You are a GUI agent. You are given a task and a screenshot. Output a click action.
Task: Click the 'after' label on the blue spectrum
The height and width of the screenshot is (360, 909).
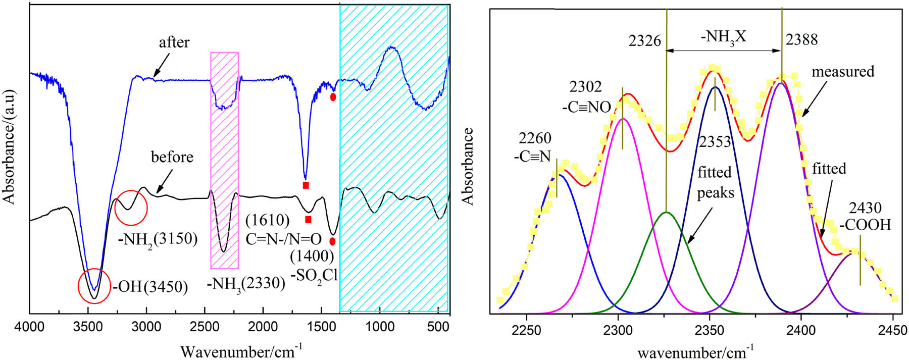click(174, 42)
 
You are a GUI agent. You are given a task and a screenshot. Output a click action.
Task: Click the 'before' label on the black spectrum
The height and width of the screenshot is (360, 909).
click(172, 157)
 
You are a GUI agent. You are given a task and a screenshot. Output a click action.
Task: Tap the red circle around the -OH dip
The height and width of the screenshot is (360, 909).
click(94, 286)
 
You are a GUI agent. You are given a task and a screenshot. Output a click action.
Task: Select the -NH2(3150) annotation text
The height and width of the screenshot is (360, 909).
click(157, 238)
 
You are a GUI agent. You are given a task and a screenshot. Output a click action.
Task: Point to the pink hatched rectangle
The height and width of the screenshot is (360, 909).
click(224, 160)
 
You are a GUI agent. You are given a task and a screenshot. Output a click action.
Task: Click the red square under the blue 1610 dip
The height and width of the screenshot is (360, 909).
click(306, 185)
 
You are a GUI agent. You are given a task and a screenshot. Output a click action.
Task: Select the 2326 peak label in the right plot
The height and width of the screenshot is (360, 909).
click(644, 40)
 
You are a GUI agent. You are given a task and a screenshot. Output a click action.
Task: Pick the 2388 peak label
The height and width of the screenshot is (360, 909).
click(801, 39)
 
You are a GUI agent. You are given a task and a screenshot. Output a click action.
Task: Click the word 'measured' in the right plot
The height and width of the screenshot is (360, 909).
click(843, 72)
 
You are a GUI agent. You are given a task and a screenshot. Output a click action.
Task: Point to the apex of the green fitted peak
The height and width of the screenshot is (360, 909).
click(667, 213)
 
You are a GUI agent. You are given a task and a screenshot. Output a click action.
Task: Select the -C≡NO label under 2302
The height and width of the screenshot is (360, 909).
click(586, 107)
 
